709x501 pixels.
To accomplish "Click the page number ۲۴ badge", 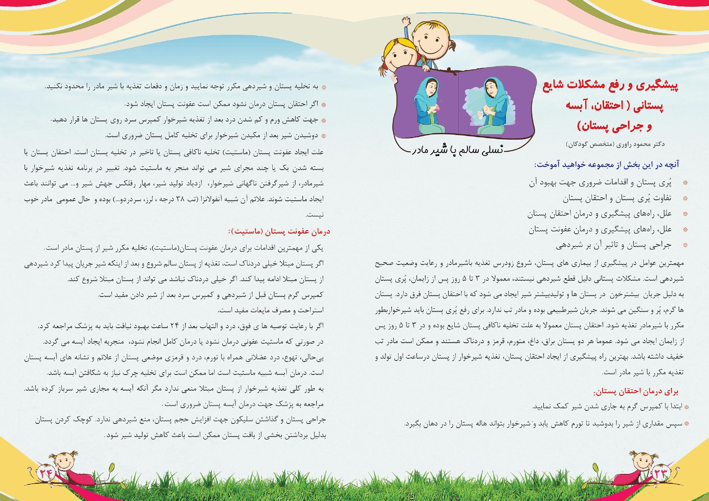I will (46, 473).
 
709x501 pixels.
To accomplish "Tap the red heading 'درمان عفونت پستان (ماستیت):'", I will (279, 232).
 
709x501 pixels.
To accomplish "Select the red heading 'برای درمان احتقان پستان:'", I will (636, 392).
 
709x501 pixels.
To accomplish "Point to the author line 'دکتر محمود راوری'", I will (615, 144).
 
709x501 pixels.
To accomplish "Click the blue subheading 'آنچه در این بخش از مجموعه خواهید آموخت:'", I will (607, 165).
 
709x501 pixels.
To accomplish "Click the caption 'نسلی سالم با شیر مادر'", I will (458, 150).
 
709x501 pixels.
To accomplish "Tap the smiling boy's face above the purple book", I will (430, 40).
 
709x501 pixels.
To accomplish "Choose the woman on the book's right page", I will (491, 106).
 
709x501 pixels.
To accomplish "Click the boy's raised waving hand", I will (406, 22).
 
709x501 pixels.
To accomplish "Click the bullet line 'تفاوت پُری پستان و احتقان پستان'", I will (617, 198).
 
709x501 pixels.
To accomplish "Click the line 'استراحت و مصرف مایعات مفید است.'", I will (270, 310).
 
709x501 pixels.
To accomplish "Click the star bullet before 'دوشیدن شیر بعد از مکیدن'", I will (323, 136).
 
